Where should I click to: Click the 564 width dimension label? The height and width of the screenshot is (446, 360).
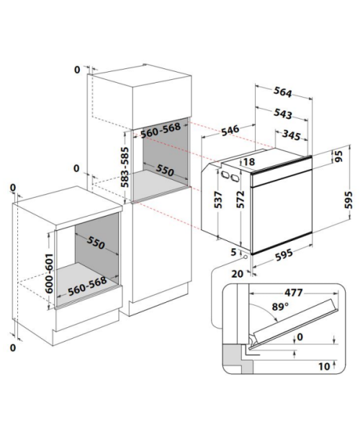coord(282,91)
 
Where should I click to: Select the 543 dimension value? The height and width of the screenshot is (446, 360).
coord(283,114)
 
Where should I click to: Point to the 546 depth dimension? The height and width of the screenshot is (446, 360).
coord(230,130)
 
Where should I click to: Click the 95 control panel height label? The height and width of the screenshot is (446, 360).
coord(338,156)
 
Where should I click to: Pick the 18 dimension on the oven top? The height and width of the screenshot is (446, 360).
coord(248,162)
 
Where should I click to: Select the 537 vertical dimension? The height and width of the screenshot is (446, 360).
coord(219,199)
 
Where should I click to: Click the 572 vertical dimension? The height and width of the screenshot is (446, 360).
coord(240,199)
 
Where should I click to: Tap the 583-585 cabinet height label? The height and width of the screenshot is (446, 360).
coord(125,167)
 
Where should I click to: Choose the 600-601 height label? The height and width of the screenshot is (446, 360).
coord(49,273)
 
